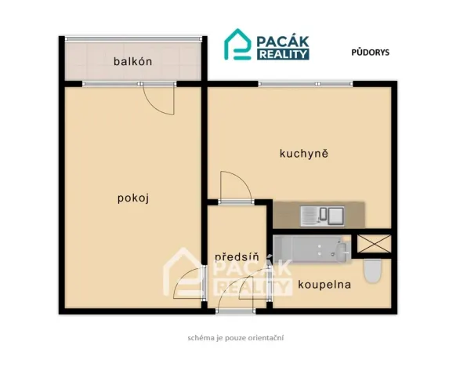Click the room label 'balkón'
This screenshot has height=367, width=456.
(132, 61)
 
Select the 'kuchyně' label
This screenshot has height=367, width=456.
(303, 153)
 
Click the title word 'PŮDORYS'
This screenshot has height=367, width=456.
(371, 53)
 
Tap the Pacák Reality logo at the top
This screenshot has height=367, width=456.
(267, 45)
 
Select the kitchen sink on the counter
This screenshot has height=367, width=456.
(322, 213)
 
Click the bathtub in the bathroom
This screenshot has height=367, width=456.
(311, 249)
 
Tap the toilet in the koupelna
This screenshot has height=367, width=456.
(374, 271)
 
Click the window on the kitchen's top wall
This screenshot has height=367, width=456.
(305, 83)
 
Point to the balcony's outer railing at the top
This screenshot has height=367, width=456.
(132, 37)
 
